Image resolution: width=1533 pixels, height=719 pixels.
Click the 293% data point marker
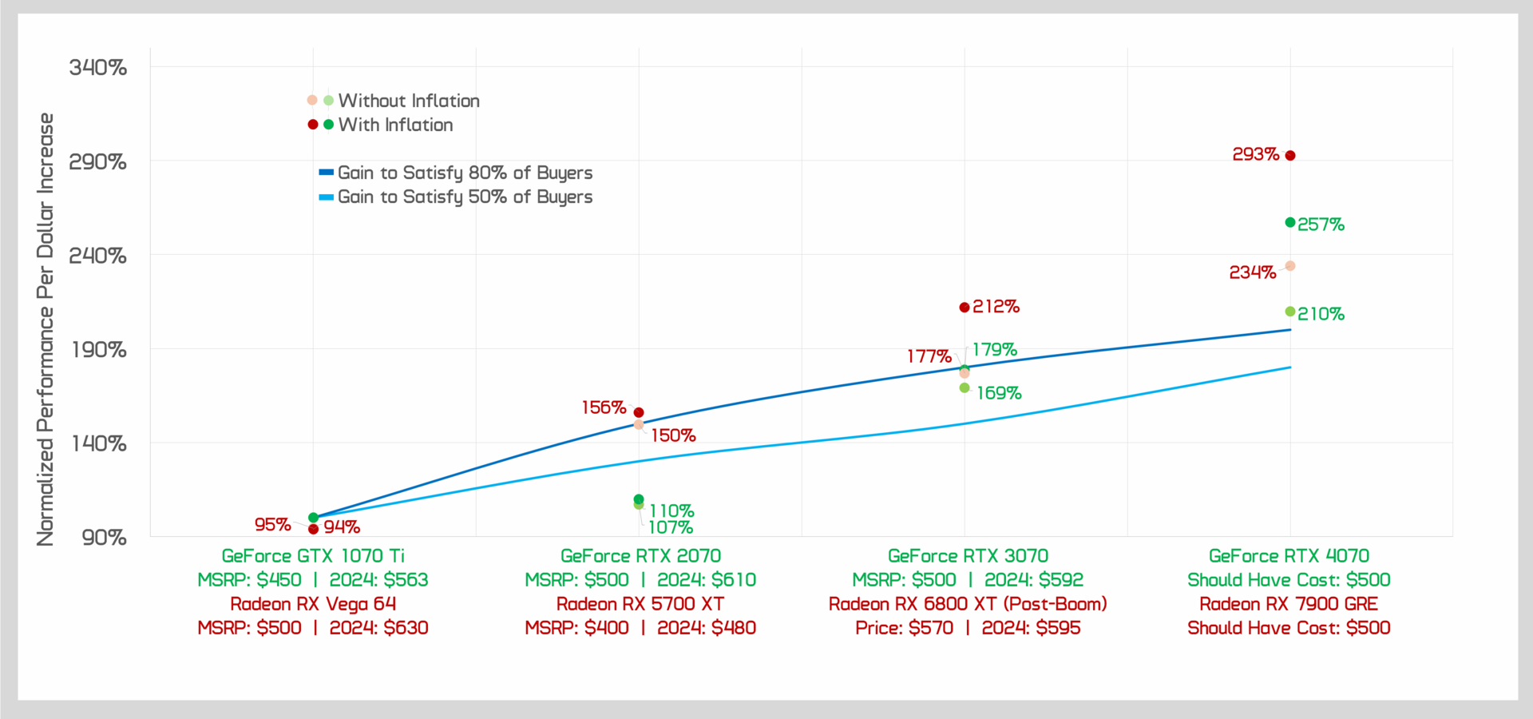click(x=1290, y=156)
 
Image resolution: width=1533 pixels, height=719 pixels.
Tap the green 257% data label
click(x=1321, y=224)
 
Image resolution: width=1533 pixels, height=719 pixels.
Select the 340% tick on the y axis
click(x=98, y=67)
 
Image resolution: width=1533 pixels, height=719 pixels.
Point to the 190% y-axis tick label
click(x=98, y=350)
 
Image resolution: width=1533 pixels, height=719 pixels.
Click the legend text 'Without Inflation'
click(x=409, y=101)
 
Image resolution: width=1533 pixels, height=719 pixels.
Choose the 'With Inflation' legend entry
click(x=395, y=125)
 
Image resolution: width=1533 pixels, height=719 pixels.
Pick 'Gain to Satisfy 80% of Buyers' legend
click(x=465, y=173)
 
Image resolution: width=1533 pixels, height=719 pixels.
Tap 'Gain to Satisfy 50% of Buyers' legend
click(x=465, y=197)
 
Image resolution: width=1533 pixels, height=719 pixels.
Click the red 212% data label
click(x=996, y=307)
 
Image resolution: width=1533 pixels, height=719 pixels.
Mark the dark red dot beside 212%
click(x=965, y=308)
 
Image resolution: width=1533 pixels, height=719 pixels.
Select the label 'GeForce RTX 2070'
click(x=640, y=556)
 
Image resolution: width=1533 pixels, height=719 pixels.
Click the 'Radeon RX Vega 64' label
click(x=313, y=604)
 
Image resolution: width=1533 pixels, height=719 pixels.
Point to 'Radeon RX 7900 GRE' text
click(x=1289, y=604)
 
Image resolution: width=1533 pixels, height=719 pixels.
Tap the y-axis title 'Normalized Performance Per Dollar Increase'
click(x=46, y=329)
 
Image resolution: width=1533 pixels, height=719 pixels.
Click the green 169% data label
click(x=999, y=393)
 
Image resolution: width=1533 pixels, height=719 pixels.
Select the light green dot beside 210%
click(x=1290, y=312)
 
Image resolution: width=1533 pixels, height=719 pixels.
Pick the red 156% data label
click(x=604, y=407)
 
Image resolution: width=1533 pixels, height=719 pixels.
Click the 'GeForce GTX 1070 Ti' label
click(x=313, y=556)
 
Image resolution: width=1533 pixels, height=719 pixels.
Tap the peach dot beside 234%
click(x=1290, y=266)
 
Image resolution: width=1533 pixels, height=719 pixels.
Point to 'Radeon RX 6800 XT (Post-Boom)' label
click(x=968, y=604)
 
